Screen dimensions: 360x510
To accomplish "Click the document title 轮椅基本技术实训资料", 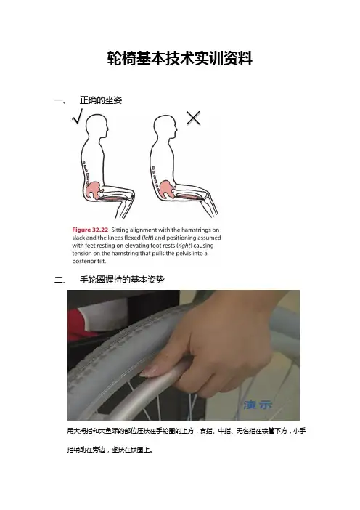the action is (180, 59).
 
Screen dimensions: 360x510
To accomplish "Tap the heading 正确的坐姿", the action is (101, 100).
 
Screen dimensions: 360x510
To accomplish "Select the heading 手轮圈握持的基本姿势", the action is (122, 280).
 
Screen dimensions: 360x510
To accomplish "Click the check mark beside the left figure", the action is (78, 116).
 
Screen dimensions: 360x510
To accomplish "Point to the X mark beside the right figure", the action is (193, 118).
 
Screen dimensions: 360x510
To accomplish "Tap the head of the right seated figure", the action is (165, 126).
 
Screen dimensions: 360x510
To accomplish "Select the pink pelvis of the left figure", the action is (94, 190).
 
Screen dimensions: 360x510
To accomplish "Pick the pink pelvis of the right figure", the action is (166, 190).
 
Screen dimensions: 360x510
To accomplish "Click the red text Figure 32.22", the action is (90, 230).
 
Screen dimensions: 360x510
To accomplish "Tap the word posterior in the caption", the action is (83, 262).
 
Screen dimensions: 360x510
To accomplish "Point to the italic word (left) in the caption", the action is (148, 238).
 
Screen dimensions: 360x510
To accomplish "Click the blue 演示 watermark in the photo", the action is (258, 405).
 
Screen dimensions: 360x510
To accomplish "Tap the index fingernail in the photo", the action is (147, 371).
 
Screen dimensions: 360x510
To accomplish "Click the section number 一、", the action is (60, 100).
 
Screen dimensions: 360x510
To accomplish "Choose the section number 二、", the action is (60, 280).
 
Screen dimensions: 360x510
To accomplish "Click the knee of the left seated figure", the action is (131, 193).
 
